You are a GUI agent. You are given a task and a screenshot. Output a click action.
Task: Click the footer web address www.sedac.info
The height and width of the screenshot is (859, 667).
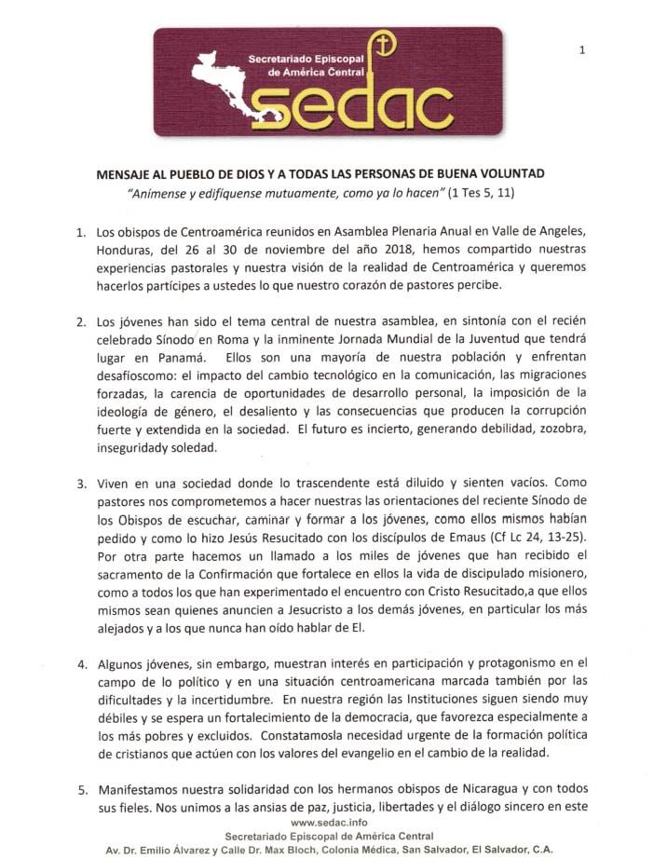(333, 825)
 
